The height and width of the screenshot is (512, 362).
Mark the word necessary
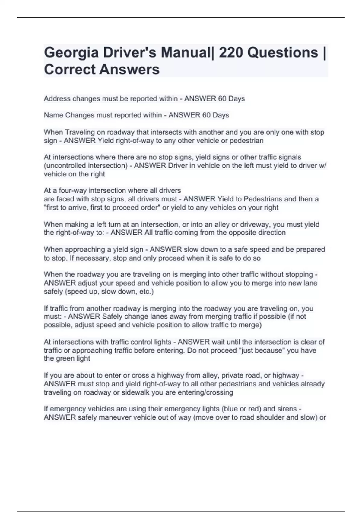click(x=94, y=258)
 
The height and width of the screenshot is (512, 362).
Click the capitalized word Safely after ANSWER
click(x=112, y=317)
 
